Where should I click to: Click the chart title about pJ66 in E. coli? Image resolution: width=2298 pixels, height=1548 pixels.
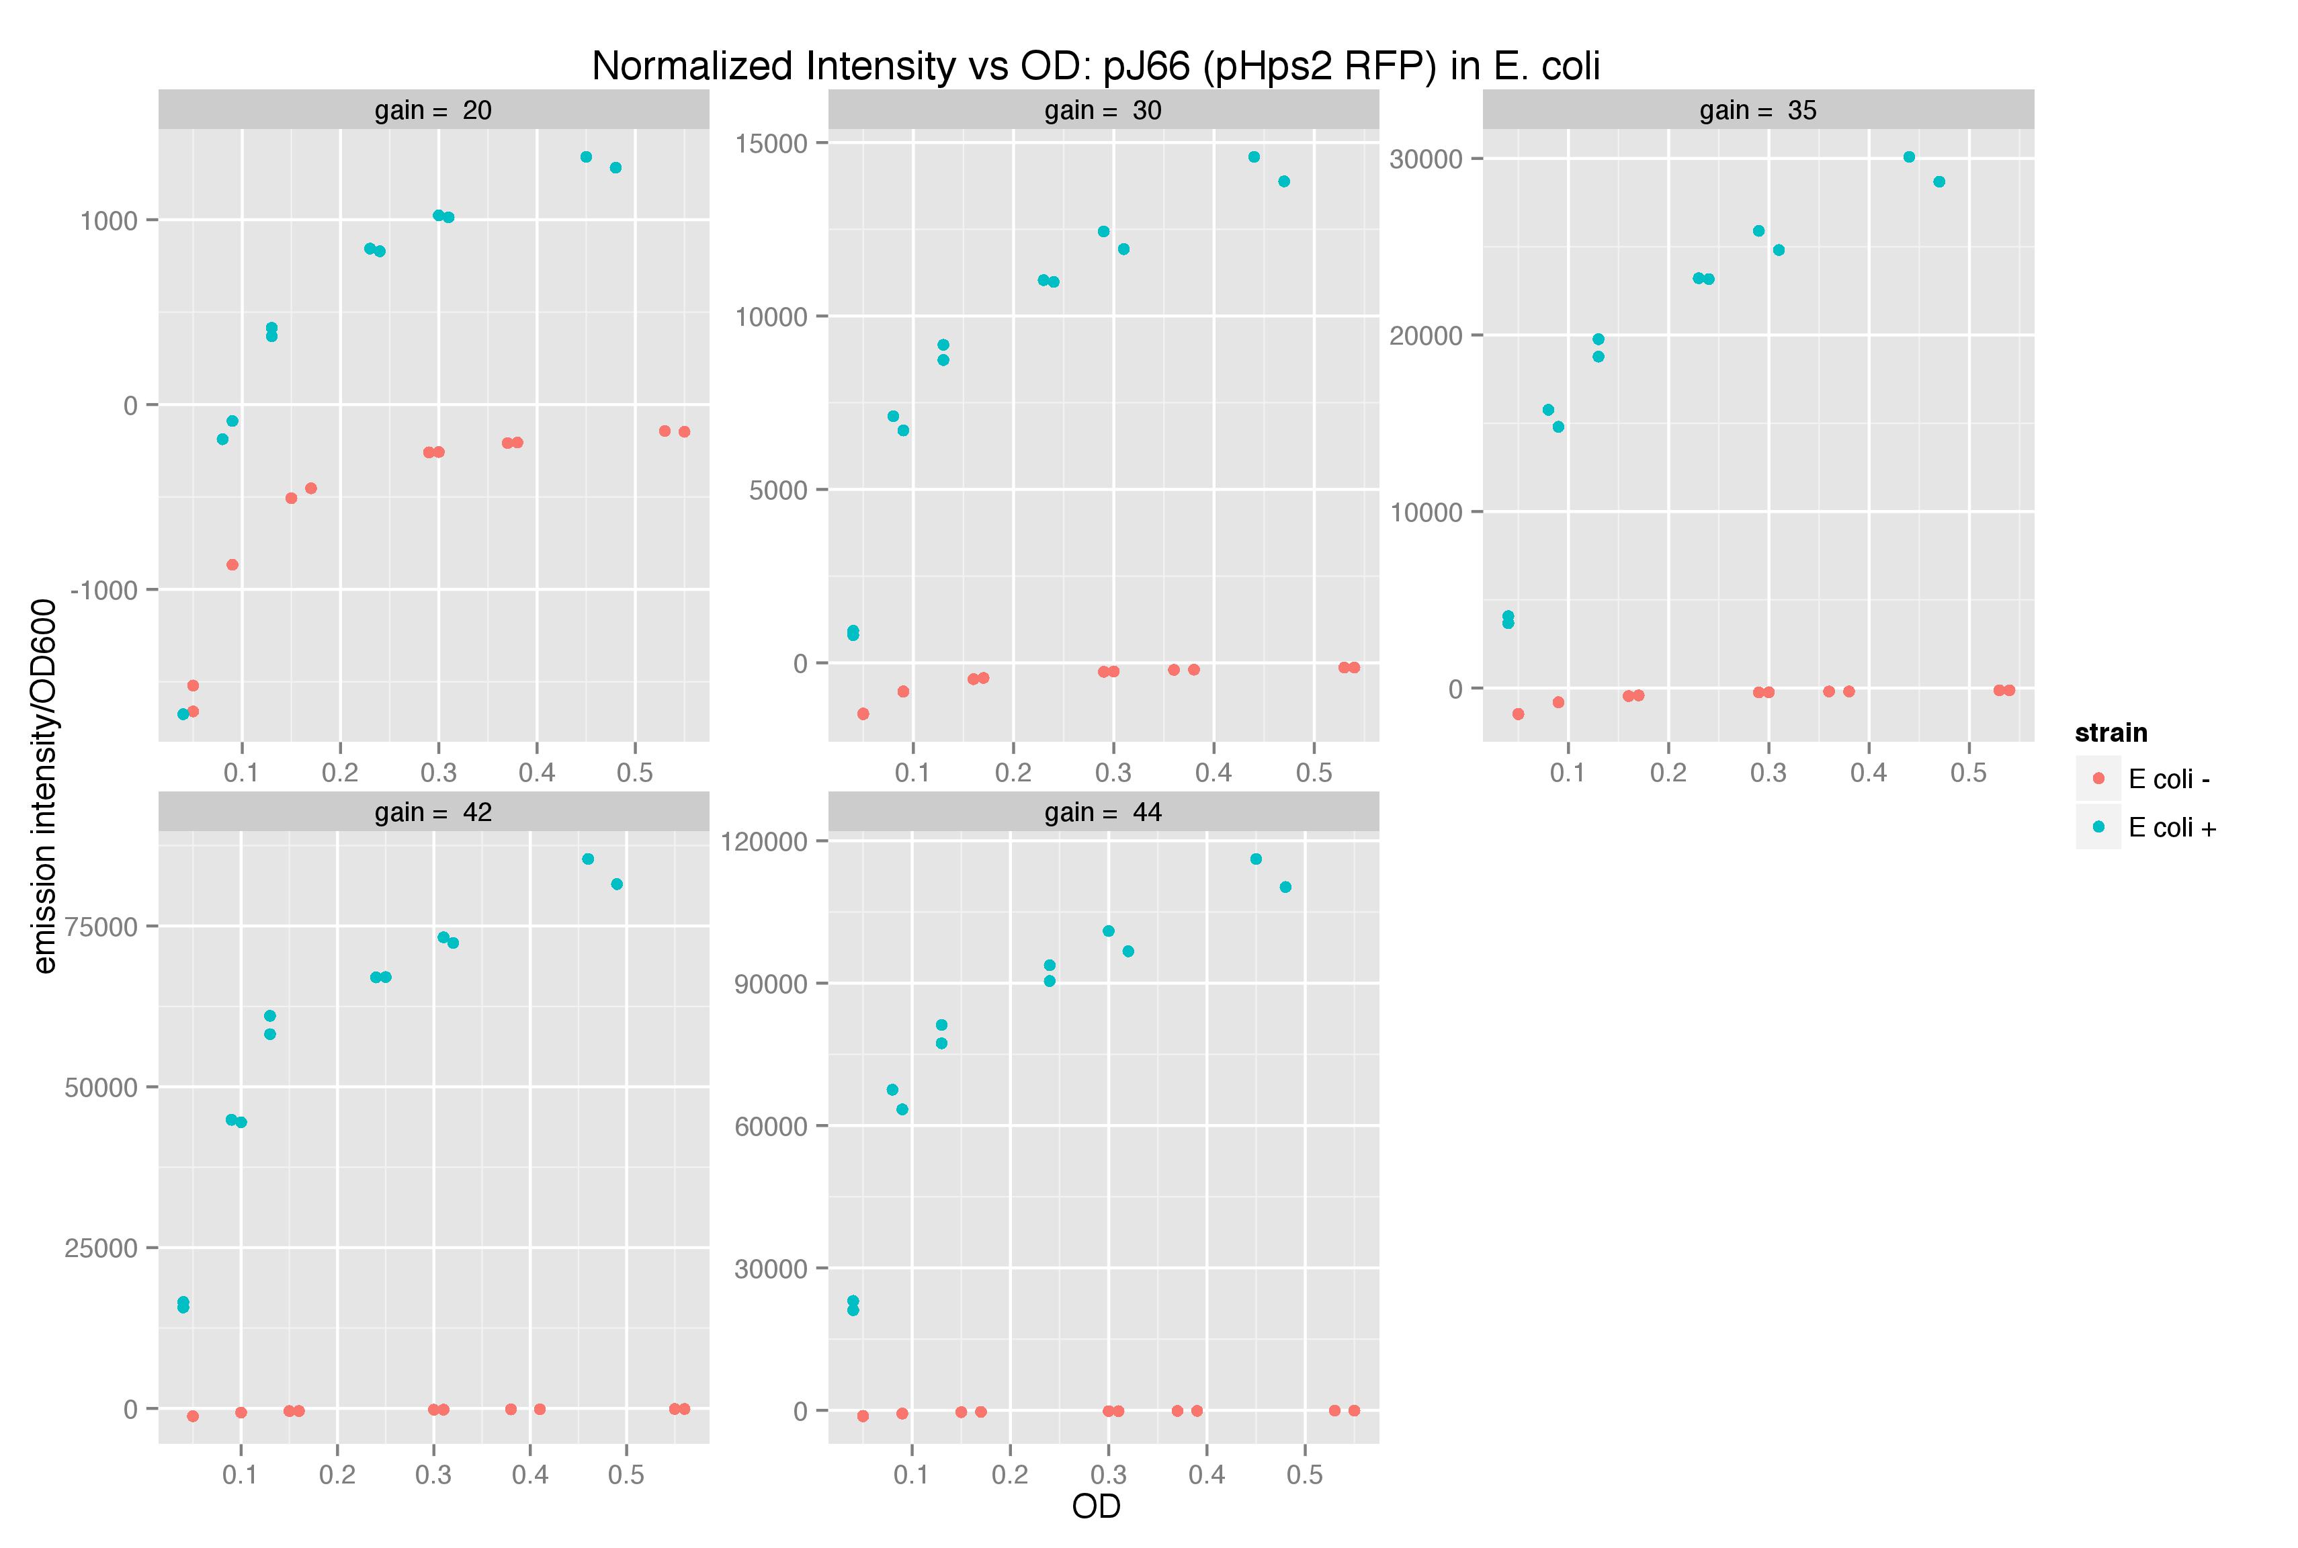[1096, 66]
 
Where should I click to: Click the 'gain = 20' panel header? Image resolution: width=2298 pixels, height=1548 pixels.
[433, 110]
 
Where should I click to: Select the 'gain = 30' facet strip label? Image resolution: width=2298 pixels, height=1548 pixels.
[1103, 110]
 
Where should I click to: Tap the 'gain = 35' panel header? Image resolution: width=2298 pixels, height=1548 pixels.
[1758, 110]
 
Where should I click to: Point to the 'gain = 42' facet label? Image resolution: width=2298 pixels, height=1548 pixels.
[433, 812]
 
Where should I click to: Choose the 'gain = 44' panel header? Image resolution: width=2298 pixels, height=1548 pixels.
[1103, 812]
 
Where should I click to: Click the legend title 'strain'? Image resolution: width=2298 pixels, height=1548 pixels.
[2111, 732]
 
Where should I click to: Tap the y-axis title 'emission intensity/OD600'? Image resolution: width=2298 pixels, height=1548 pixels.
[44, 786]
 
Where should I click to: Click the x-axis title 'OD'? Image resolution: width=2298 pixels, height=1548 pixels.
[1096, 1506]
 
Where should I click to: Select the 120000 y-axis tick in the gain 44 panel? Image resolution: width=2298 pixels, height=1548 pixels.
[765, 842]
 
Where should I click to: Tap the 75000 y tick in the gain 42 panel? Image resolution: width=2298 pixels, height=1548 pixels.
[101, 926]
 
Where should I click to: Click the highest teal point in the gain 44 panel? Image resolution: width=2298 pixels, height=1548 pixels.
[1256, 859]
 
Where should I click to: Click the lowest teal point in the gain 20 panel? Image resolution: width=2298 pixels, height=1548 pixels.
[183, 714]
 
